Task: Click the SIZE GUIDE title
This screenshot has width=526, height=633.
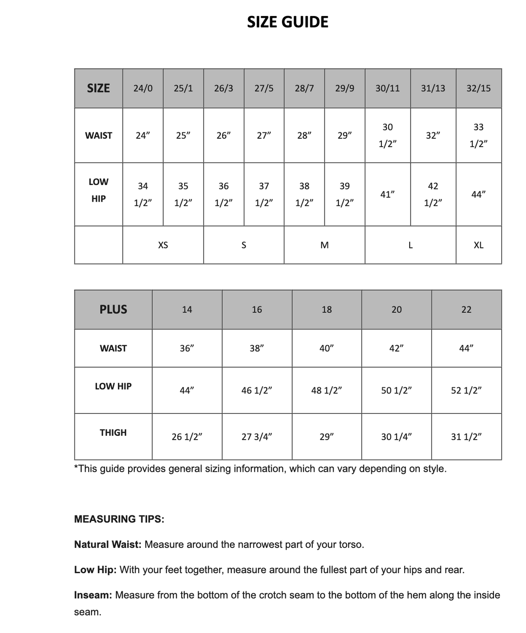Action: click(287, 22)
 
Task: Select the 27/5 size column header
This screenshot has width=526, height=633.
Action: click(264, 88)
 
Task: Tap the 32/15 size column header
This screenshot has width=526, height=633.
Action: click(478, 88)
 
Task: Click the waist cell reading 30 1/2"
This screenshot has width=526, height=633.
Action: click(387, 135)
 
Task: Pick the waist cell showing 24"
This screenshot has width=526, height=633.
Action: click(142, 135)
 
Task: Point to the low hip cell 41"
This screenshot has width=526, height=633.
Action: click(387, 194)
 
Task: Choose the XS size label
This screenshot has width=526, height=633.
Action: click(163, 245)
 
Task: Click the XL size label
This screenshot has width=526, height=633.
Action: click(478, 245)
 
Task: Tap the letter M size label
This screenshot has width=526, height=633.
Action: click(324, 245)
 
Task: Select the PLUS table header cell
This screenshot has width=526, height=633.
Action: click(113, 310)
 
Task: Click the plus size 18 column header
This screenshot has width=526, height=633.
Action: click(327, 310)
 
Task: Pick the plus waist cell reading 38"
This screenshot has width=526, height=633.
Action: click(257, 348)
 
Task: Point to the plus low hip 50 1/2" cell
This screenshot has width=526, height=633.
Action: click(396, 391)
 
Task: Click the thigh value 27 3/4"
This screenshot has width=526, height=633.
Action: click(257, 437)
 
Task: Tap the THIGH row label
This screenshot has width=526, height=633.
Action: click(113, 432)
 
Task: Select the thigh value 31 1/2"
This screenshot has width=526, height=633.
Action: click(466, 437)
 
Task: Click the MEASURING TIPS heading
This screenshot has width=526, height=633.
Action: click(119, 519)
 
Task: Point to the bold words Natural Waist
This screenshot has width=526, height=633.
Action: click(108, 544)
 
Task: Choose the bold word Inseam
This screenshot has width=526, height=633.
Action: click(93, 595)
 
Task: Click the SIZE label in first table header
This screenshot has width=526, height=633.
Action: click(98, 88)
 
